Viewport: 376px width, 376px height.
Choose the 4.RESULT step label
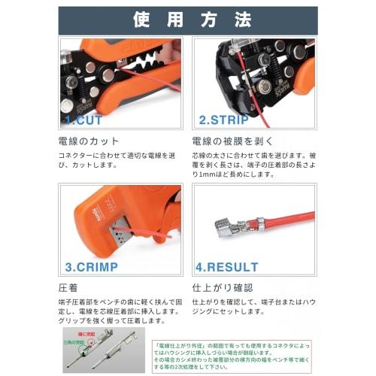[x=227, y=265]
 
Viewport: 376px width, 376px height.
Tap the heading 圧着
[x=68, y=287]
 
